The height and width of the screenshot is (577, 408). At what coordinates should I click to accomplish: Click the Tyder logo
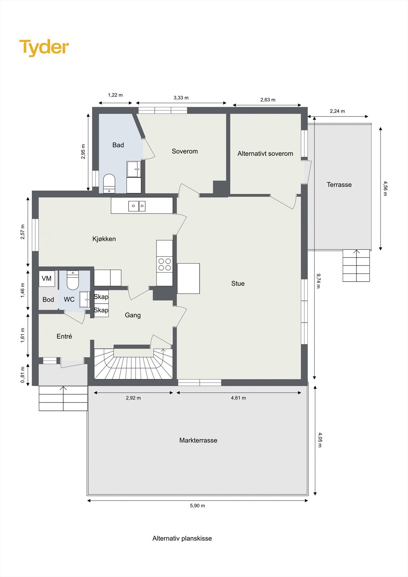[44, 48]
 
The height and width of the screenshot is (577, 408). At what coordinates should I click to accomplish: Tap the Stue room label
[238, 283]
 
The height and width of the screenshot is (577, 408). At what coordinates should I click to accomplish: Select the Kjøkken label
[104, 239]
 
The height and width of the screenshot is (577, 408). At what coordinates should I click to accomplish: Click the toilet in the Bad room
[109, 183]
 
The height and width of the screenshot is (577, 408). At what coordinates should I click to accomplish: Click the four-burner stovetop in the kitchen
[165, 264]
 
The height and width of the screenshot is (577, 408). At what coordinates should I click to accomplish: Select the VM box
[47, 278]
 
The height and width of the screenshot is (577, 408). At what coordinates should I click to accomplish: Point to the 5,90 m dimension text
[197, 506]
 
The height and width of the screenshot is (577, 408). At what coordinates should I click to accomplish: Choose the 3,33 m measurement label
[181, 98]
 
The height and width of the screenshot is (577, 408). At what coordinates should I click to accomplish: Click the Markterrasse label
[198, 440]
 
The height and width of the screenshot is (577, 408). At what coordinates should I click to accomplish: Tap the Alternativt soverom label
[265, 154]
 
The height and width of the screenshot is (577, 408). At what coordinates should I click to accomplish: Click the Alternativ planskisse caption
[182, 538]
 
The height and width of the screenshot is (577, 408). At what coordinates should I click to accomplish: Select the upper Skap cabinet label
[101, 297]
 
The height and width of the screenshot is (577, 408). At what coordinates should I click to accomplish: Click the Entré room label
[64, 336]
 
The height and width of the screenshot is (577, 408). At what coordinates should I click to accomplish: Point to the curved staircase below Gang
[133, 364]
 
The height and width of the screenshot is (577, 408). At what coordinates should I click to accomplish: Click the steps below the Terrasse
[356, 266]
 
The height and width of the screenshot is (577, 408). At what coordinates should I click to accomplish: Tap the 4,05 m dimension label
[319, 440]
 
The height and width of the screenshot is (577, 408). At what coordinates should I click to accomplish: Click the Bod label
[48, 300]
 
